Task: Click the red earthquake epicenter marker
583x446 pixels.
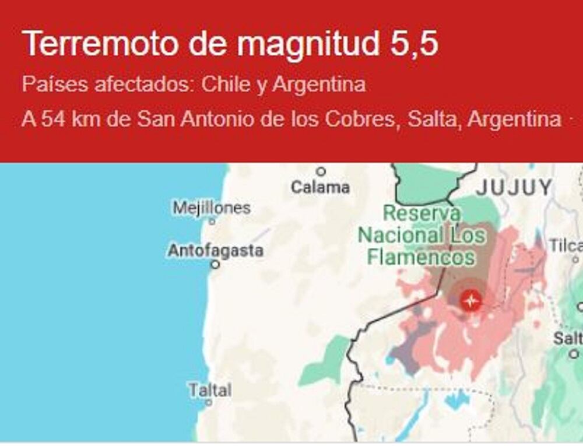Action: click(470, 301)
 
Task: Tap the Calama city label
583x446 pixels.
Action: click(321, 187)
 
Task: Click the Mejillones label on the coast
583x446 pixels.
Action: click(212, 208)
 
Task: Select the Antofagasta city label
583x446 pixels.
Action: click(215, 251)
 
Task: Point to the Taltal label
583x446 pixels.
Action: click(210, 389)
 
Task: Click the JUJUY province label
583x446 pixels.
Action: click(513, 187)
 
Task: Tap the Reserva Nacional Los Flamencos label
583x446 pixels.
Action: click(421, 235)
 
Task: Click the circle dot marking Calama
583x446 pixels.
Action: click(321, 171)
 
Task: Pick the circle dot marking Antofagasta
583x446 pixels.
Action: click(215, 264)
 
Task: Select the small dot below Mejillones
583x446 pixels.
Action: click(212, 221)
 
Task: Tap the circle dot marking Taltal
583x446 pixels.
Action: click(209, 402)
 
